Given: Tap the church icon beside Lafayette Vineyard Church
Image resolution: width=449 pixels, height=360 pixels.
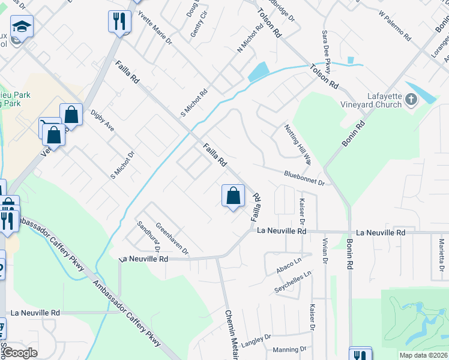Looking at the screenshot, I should coord(411,99).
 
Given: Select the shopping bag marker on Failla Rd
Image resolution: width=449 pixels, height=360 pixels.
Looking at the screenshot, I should coord(233,196).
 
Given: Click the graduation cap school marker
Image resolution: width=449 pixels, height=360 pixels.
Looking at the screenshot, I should coord(22,27).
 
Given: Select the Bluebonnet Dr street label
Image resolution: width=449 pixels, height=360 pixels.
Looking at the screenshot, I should coord(304,178).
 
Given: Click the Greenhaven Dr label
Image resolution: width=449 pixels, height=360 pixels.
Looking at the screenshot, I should coord(172,239).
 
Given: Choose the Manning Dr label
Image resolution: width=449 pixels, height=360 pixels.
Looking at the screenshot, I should coord(289,349).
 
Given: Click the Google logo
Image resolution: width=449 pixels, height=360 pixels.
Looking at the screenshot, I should coord(20,353).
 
